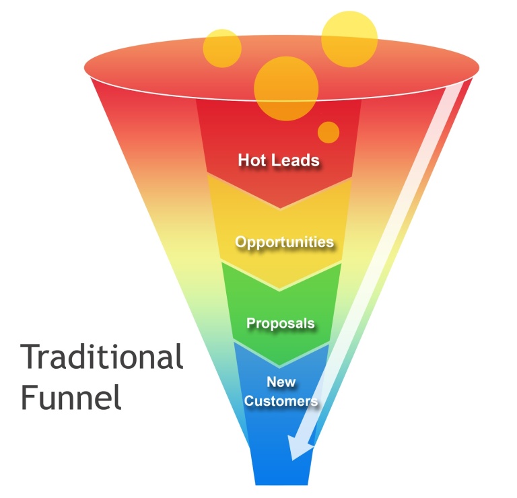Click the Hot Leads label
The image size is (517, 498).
point(278,160)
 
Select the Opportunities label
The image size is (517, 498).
point(284,242)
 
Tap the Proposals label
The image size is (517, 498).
point(280,323)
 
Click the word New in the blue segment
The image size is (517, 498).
point(281,382)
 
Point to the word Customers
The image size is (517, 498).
point(281,402)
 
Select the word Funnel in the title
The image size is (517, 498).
point(71,397)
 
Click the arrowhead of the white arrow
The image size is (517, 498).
point(296,450)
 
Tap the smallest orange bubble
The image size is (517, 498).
point(329,132)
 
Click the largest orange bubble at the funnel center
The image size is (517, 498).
point(286,87)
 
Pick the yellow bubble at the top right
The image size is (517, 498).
point(349,38)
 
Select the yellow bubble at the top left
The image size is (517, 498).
point(222,48)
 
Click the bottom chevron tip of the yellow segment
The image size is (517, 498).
point(280,289)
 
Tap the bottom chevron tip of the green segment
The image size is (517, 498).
point(281,367)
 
